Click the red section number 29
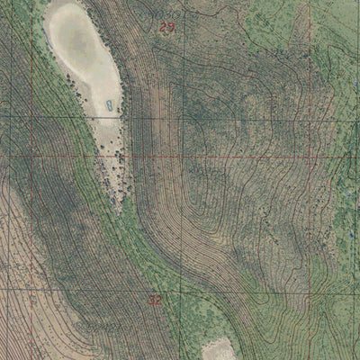(166, 27)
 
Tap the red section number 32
(155, 300)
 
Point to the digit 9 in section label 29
(170, 27)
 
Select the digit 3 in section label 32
(151, 300)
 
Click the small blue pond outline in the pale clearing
(110, 105)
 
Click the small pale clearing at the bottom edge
(219, 349)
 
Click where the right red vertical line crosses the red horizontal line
(310, 156)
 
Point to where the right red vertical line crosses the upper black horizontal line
(310, 118)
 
